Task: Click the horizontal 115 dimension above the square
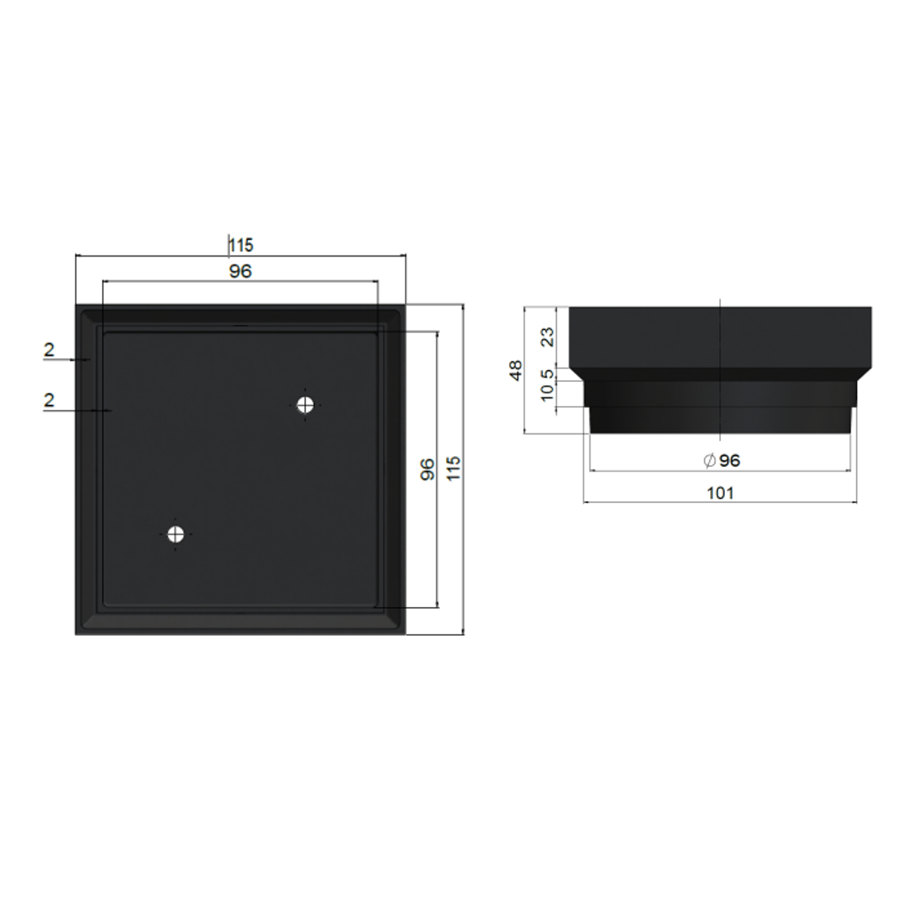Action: pos(241,246)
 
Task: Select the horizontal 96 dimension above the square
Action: pos(241,271)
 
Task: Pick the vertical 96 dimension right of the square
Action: pos(427,469)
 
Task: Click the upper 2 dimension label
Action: pos(49,350)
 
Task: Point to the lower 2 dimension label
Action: pos(49,400)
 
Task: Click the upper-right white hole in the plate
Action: pos(306,405)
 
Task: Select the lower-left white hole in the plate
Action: pos(175,535)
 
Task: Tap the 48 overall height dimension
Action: pos(515,369)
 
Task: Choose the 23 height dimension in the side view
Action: pos(547,337)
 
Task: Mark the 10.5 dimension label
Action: pos(547,387)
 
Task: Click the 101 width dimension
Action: pos(720,493)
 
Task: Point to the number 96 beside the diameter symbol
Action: pos(729,460)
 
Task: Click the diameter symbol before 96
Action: pos(709,461)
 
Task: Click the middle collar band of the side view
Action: pos(720,393)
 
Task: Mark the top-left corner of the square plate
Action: pos(77,307)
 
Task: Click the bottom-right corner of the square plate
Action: pos(404,633)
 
